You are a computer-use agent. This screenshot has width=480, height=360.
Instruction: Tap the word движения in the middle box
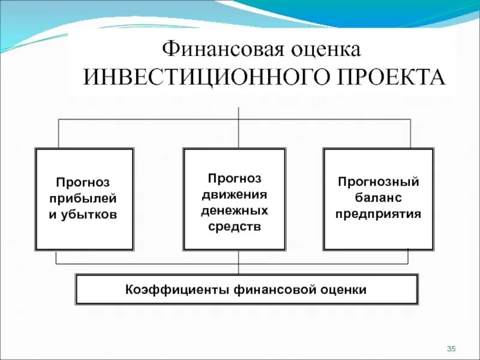click(x=235, y=194)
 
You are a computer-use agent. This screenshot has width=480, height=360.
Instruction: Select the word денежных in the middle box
click(x=235, y=211)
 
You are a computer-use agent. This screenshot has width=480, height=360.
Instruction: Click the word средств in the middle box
click(x=235, y=227)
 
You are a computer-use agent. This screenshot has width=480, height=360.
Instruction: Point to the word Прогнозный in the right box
click(x=378, y=181)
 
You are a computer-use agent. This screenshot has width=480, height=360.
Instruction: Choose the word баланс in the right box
click(x=378, y=197)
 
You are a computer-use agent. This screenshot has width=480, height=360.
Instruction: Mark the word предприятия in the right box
click(x=378, y=214)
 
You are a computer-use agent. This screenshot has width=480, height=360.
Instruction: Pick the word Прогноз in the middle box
click(x=235, y=178)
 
